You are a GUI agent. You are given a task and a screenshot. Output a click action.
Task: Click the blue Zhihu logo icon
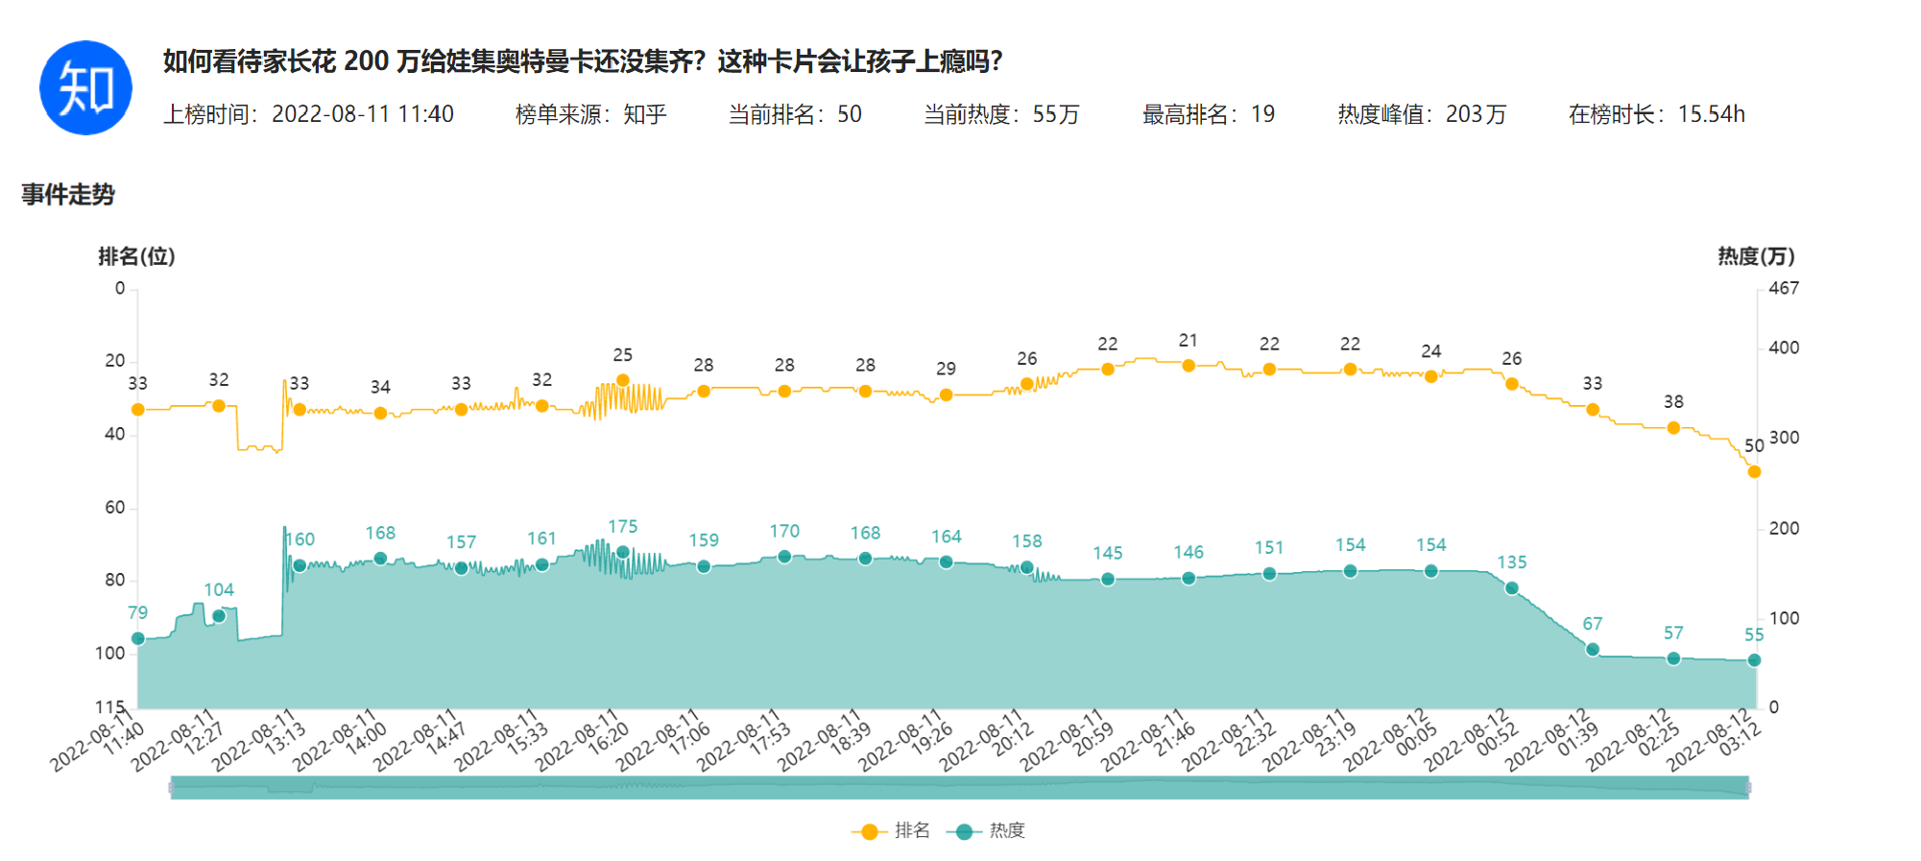coord(85,87)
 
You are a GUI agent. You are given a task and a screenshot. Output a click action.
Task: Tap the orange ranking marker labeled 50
coord(1754,471)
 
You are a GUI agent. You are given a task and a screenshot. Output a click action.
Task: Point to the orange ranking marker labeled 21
coord(1189,366)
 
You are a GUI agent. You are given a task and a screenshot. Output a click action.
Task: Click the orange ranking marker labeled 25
coord(623,380)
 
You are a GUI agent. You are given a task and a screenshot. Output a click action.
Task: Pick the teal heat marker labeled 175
coord(623,552)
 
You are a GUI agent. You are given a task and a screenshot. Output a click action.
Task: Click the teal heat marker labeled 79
coord(138,638)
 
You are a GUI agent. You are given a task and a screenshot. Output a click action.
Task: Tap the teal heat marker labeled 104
coord(219,615)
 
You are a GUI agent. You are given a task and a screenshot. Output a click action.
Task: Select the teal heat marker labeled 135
coord(1512,588)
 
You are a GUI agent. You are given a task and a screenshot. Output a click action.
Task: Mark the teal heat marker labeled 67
coord(1593,650)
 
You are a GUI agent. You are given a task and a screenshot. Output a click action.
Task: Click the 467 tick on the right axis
coord(1784,288)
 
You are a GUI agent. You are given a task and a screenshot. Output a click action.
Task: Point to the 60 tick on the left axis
coord(115,507)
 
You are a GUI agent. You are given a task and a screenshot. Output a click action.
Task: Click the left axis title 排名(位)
coord(136,256)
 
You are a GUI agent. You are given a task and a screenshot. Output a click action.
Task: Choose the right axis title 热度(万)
coord(1756,256)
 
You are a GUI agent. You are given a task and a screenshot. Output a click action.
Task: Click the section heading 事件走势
coord(68,195)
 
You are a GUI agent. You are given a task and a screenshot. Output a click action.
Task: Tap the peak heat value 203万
coord(1476,114)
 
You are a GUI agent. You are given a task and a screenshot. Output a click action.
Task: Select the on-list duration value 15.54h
coord(1711,114)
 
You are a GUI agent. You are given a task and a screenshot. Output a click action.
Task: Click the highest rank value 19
coord(1262,114)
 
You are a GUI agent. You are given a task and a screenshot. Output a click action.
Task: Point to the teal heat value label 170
coord(784,531)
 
